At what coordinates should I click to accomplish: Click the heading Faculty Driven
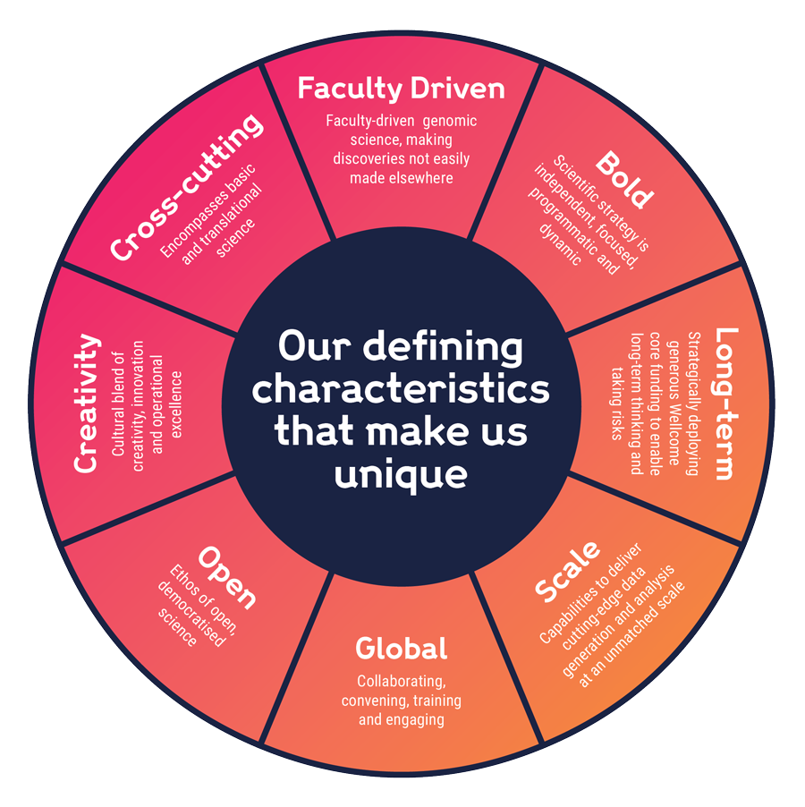401,89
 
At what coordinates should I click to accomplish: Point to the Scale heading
567,573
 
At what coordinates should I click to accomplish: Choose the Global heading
401,648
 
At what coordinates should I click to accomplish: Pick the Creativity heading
86,403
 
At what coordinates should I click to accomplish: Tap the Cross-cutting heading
189,187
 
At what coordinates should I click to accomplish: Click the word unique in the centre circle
401,474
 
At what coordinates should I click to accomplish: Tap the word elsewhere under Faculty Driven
420,177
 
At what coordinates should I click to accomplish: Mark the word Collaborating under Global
401,681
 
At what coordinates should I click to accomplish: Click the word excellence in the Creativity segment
176,403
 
